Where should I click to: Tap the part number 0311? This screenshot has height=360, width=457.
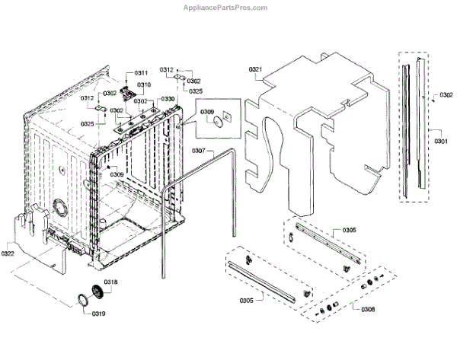click(x=142, y=72)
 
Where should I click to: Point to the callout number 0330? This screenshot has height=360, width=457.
click(x=168, y=99)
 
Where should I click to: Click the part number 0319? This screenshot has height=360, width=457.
click(x=98, y=314)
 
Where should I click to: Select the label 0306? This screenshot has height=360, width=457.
click(x=368, y=308)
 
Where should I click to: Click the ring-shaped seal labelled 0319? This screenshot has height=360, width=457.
click(x=79, y=301)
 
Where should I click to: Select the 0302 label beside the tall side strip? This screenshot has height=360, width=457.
click(x=446, y=97)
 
